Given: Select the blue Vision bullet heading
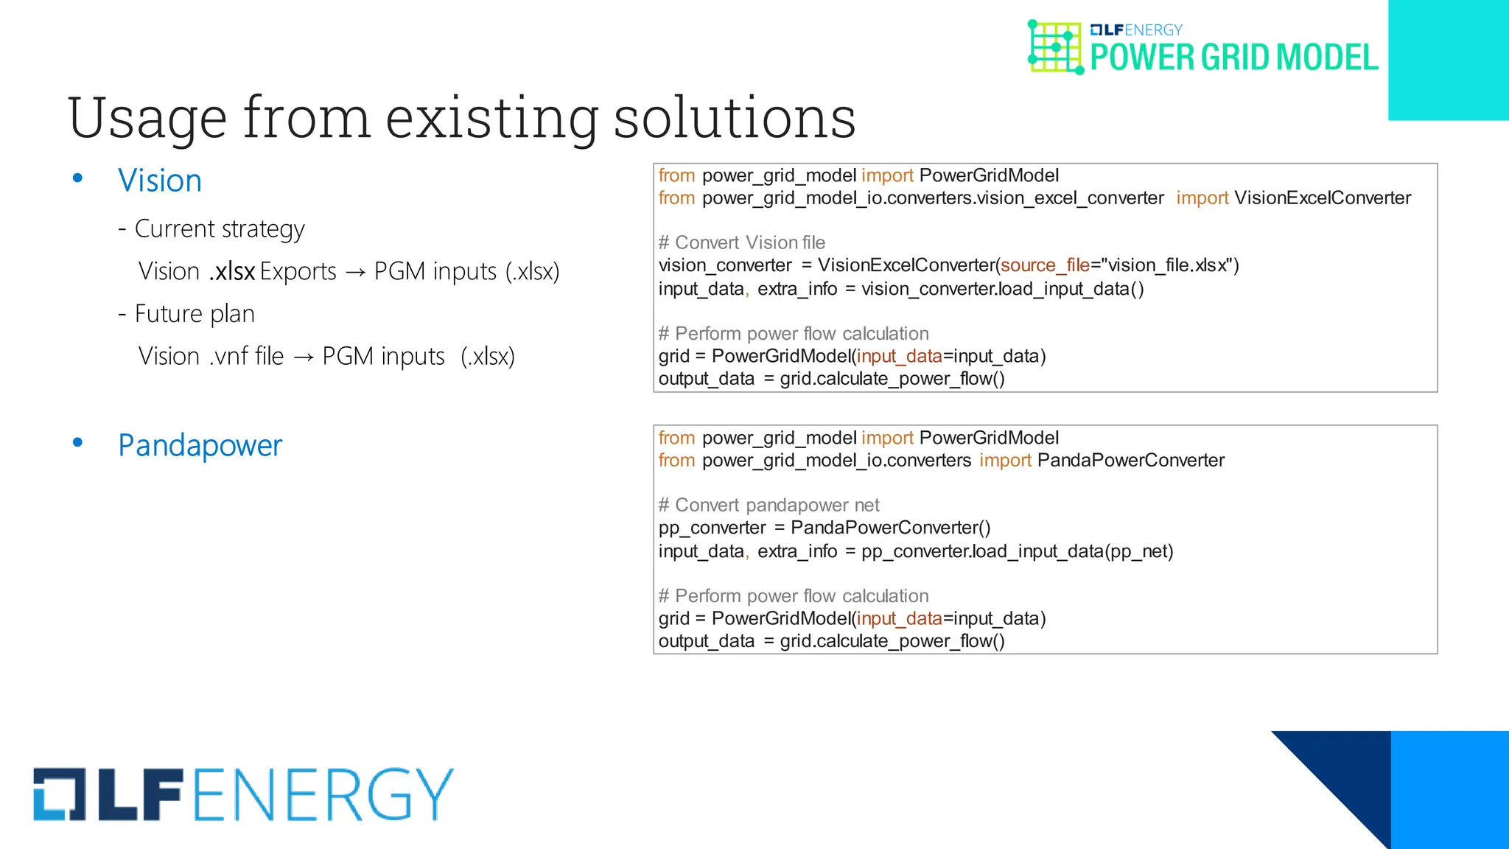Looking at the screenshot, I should [160, 181].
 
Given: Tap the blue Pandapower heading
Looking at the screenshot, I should [200, 445].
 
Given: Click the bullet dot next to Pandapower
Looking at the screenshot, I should [77, 442].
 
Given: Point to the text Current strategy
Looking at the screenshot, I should [220, 229].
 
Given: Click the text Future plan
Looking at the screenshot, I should [195, 314].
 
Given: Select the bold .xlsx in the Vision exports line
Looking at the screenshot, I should [232, 271].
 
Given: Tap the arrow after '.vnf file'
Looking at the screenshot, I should [303, 357].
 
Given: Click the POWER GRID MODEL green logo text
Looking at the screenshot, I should [1233, 57].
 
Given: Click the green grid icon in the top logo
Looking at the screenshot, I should [1055, 47].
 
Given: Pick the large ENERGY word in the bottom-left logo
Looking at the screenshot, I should [323, 794].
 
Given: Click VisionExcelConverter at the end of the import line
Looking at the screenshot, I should [1323, 198].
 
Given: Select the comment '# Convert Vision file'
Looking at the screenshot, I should [741, 242].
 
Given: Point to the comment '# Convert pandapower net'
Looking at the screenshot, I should [768, 505].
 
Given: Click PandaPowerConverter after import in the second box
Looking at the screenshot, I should [1130, 461].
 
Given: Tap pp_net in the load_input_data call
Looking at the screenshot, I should [1139, 551].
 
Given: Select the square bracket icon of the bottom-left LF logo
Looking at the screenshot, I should [60, 794].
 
